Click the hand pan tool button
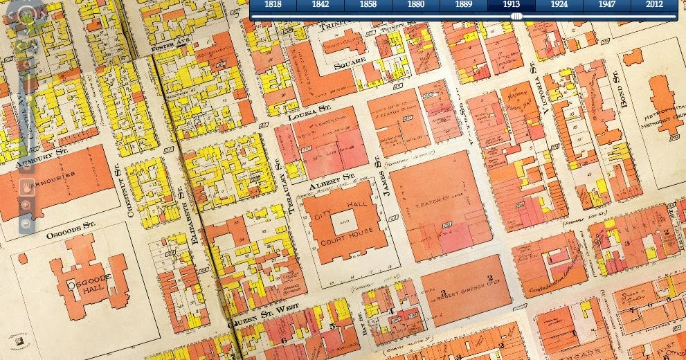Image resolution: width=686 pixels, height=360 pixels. point(26,186)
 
